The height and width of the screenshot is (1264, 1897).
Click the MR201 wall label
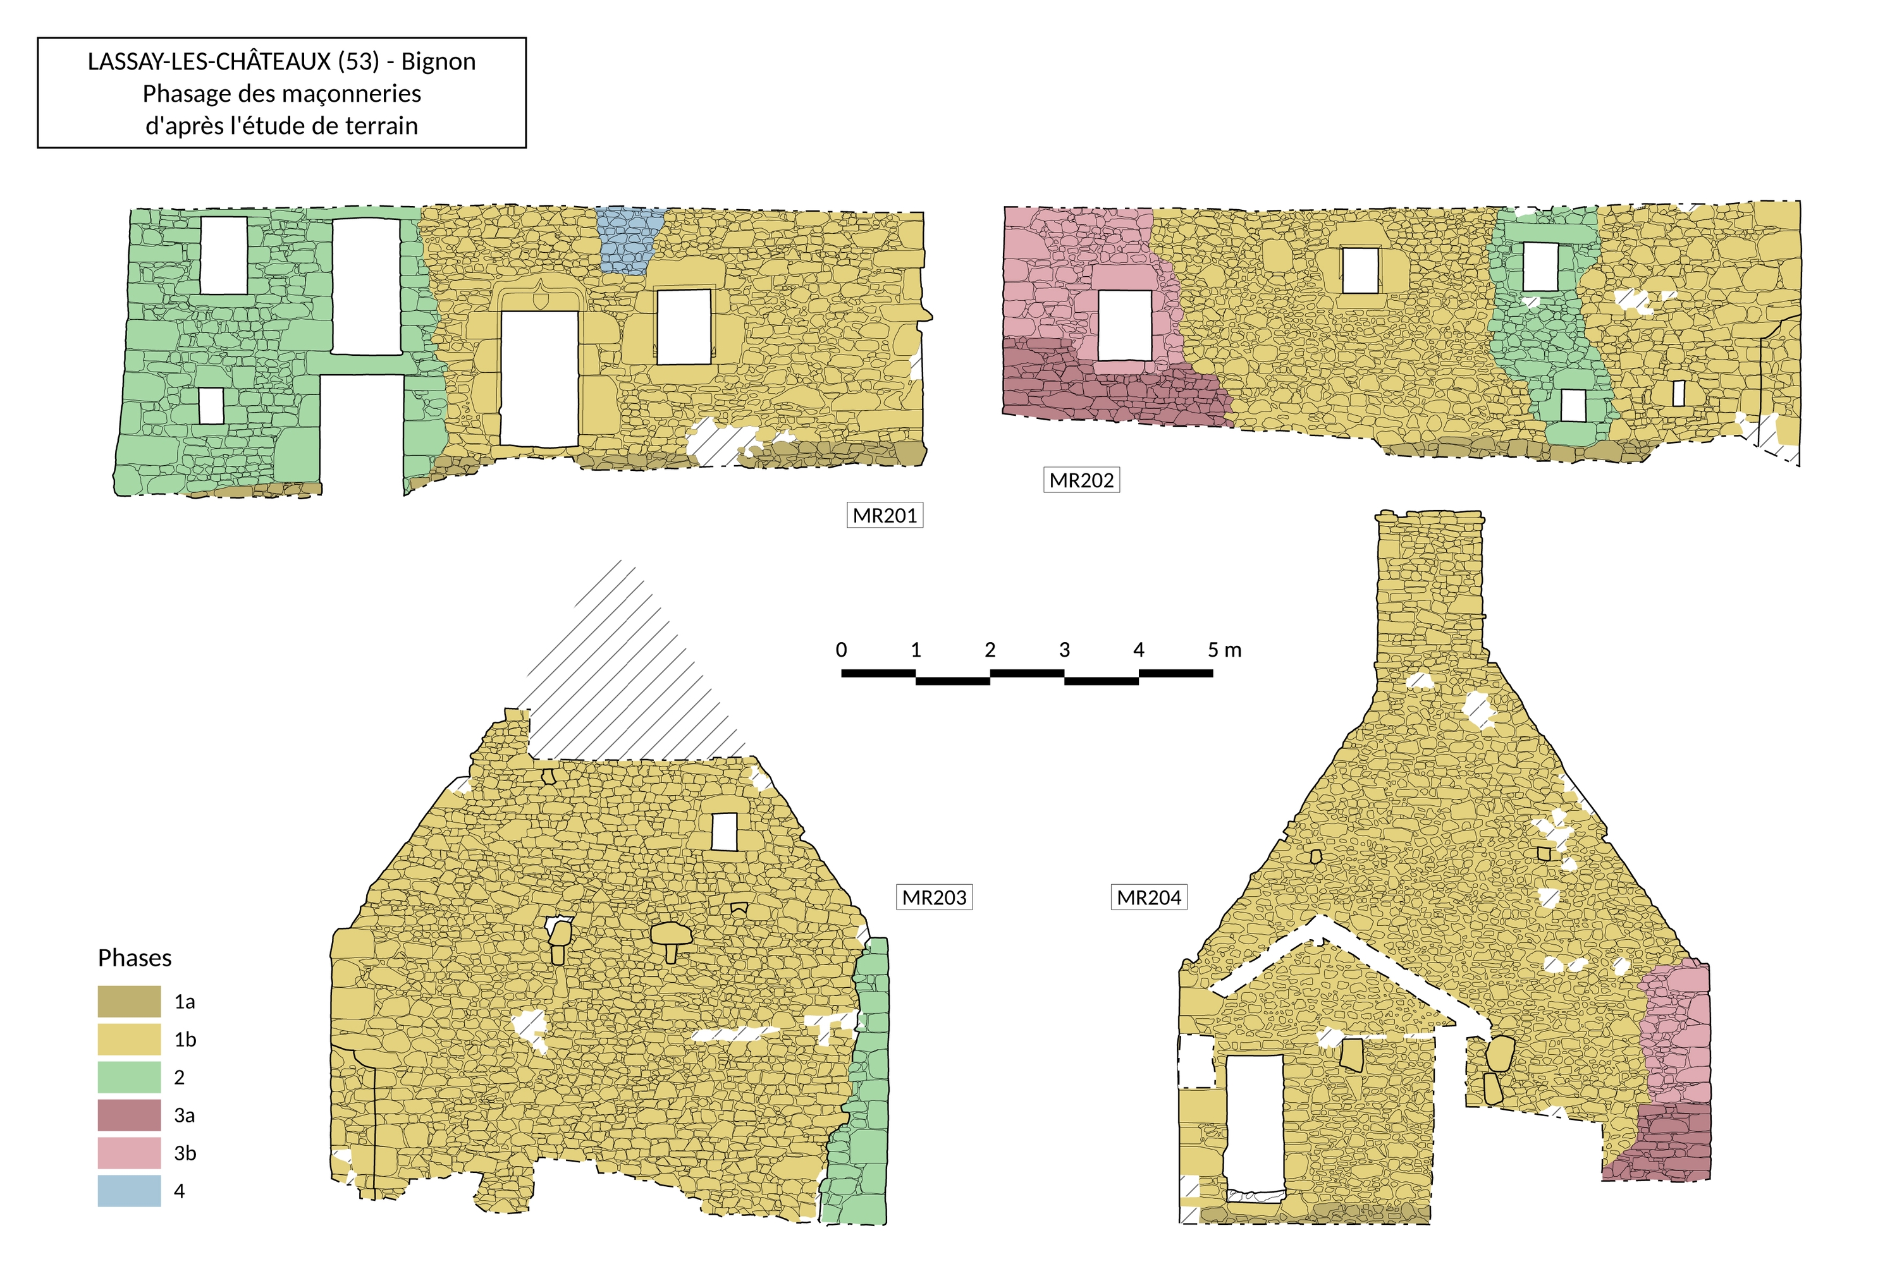tap(885, 515)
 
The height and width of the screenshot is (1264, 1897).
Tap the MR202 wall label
tap(1081, 480)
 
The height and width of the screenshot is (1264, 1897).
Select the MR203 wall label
tap(934, 897)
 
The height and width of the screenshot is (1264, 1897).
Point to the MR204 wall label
tap(1148, 897)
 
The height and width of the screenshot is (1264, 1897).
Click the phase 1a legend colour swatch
tap(129, 1001)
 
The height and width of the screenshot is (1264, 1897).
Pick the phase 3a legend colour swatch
tap(129, 1115)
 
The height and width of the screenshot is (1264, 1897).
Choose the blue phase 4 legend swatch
tap(129, 1191)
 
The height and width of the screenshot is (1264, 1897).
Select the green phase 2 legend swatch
tap(129, 1077)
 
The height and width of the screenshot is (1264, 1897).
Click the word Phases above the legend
tap(135, 957)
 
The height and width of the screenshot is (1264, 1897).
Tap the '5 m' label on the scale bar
tap(1224, 650)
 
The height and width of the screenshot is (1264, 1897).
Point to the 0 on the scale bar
tap(841, 650)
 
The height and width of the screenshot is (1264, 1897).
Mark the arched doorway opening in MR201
tap(539, 378)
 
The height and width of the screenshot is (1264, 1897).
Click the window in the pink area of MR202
tap(1125, 325)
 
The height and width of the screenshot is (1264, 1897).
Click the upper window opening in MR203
tap(724, 832)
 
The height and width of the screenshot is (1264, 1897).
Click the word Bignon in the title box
tap(438, 61)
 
